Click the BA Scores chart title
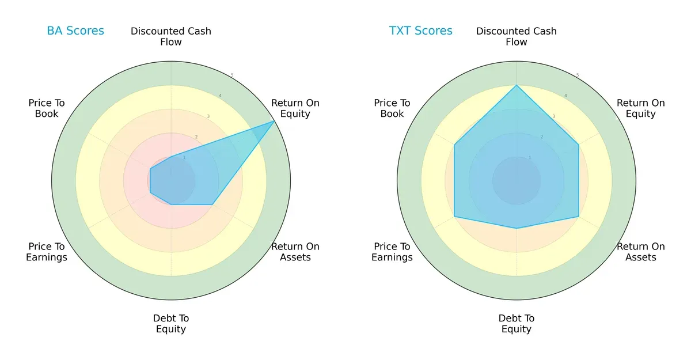coord(75,31)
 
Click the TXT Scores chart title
coord(421,31)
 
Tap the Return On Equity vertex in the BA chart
coord(274,121)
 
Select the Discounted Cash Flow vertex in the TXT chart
coord(517,85)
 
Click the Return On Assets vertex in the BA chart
coord(212,204)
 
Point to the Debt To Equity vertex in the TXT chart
coord(517,228)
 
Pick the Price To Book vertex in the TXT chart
coord(454,145)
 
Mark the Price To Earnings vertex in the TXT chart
coord(454,217)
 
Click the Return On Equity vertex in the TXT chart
coord(579,145)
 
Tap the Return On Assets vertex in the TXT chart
coord(579,217)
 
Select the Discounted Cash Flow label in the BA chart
coord(171,36)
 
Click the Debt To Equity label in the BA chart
coord(171,324)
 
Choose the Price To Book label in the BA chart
coord(47,108)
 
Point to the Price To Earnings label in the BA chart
coord(47,252)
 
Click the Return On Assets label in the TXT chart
coord(641,252)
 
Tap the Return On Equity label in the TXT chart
coord(641,108)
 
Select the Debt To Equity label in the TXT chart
coord(517,324)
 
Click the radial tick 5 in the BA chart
coord(232,75)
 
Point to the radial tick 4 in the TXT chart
coord(565,96)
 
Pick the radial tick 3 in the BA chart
coord(208,116)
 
